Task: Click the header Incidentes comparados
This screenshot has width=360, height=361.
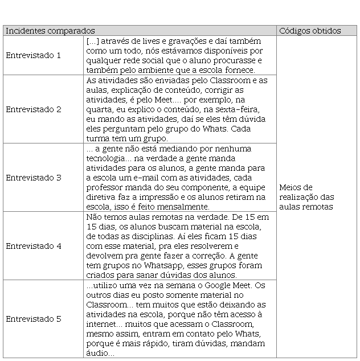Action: pos(50,31)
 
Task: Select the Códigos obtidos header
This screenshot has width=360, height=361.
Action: pos(310,31)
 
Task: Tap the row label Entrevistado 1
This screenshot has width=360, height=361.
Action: pos(33,55)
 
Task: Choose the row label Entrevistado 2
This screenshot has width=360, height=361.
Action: pos(33,109)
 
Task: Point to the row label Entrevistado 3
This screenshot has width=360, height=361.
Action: pos(33,178)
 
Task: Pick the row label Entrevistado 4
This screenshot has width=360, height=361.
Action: pos(33,246)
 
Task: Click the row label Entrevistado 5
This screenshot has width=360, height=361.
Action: pos(33,319)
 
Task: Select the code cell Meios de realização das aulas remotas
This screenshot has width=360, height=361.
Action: pos(307,196)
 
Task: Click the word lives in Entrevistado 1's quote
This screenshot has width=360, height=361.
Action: pos(148,42)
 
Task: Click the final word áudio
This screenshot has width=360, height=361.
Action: pos(100,353)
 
